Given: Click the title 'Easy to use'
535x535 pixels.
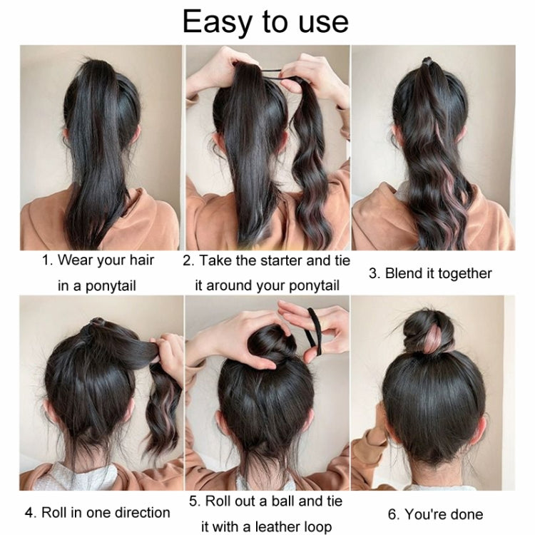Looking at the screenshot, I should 265,21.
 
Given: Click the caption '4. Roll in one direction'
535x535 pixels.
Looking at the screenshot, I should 97,512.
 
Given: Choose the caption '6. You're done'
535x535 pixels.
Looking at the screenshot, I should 435,514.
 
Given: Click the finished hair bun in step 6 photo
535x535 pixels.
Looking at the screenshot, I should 428,332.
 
